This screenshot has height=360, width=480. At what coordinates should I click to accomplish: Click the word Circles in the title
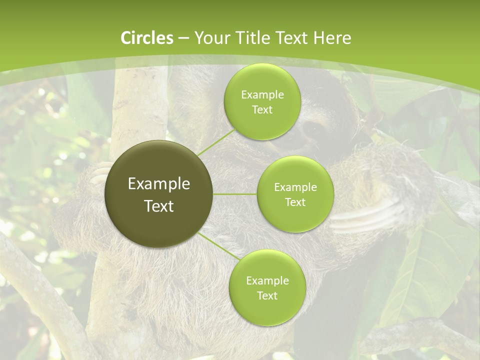point(147,37)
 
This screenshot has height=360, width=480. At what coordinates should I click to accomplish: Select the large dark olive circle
point(159,194)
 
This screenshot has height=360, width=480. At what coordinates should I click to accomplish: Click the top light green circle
point(262,101)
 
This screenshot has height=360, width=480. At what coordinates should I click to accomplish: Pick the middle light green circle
point(295,194)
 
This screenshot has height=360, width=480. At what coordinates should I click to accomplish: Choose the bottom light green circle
point(267,287)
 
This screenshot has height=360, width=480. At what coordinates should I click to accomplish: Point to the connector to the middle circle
point(235,193)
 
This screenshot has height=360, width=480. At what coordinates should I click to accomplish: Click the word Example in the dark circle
point(159,184)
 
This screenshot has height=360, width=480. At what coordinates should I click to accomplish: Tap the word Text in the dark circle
point(159,205)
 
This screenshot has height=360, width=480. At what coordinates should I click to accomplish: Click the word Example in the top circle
point(262,94)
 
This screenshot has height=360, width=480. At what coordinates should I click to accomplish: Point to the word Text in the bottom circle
point(267,295)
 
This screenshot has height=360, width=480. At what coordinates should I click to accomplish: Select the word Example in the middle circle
point(295,187)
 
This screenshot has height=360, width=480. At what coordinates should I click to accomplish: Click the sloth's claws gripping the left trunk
point(100,172)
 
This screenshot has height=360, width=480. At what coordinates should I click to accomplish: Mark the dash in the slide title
point(183,38)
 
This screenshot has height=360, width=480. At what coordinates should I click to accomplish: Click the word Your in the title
point(210,37)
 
